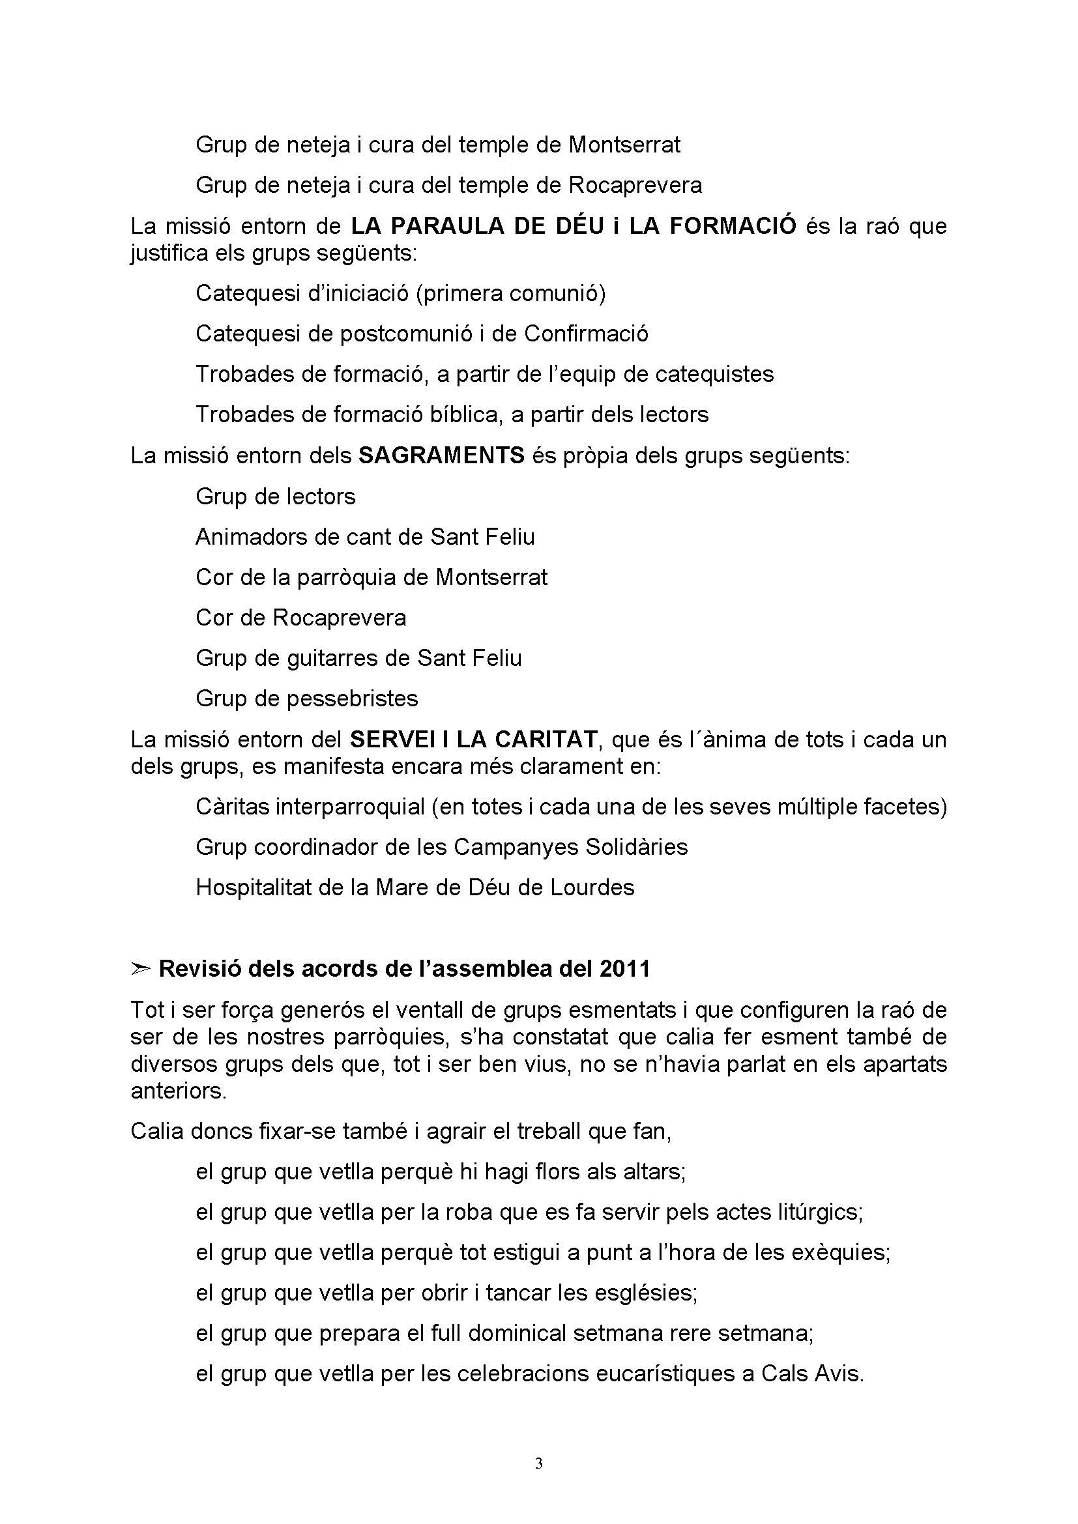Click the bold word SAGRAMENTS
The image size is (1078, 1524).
(x=441, y=456)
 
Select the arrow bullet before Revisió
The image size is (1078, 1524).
(x=139, y=970)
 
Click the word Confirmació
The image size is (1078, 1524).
(x=585, y=333)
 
